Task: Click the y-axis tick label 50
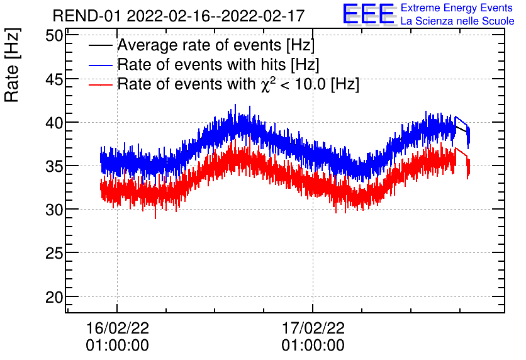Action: [55, 35]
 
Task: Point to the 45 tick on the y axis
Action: [55, 79]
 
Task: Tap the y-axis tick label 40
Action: [55, 122]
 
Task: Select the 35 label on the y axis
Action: [55, 166]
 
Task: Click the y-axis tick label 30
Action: [55, 209]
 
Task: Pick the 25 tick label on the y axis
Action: [55, 252]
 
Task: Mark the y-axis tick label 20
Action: [55, 296]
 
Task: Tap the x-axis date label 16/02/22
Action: [117, 329]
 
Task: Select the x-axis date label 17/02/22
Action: [313, 329]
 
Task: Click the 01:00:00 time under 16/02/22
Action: [117, 346]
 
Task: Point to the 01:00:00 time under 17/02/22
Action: [313, 346]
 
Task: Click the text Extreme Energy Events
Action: [456, 8]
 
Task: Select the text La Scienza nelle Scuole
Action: [457, 21]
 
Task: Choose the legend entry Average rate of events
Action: [216, 45]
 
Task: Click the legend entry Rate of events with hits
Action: [218, 65]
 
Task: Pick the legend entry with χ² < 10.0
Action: [238, 84]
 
